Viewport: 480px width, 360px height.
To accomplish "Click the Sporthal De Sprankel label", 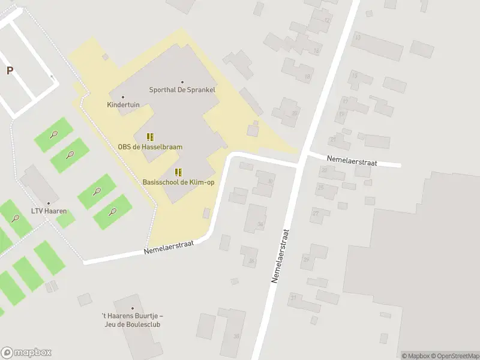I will [x=182, y=90].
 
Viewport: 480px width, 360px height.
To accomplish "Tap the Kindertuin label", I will [x=123, y=104].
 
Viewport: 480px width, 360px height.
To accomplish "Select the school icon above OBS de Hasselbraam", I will [x=150, y=137].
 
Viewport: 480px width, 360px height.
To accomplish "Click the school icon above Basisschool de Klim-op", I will [x=178, y=172].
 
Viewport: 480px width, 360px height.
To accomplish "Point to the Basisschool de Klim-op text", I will [x=178, y=182].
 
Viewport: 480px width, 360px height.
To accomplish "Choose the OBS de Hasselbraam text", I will [x=150, y=146].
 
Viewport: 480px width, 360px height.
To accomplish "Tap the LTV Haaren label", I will [x=49, y=211].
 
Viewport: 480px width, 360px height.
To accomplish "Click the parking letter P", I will [x=10, y=71].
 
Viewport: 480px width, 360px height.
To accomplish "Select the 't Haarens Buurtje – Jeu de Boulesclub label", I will [x=132, y=320].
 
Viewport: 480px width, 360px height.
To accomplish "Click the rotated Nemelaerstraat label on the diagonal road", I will [x=281, y=256].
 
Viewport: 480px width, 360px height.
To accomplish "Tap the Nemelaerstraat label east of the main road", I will [x=351, y=160].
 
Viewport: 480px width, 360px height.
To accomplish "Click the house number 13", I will [x=358, y=37].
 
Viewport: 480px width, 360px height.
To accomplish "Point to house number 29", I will [x=306, y=259].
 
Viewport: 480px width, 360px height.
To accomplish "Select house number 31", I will [x=293, y=298].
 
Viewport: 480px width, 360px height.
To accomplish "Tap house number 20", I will [x=294, y=113].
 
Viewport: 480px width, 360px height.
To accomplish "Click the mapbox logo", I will [x=26, y=352].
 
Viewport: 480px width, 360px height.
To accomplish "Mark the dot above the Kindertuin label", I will [x=123, y=97].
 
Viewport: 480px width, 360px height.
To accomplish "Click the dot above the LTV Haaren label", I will [x=49, y=203].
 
